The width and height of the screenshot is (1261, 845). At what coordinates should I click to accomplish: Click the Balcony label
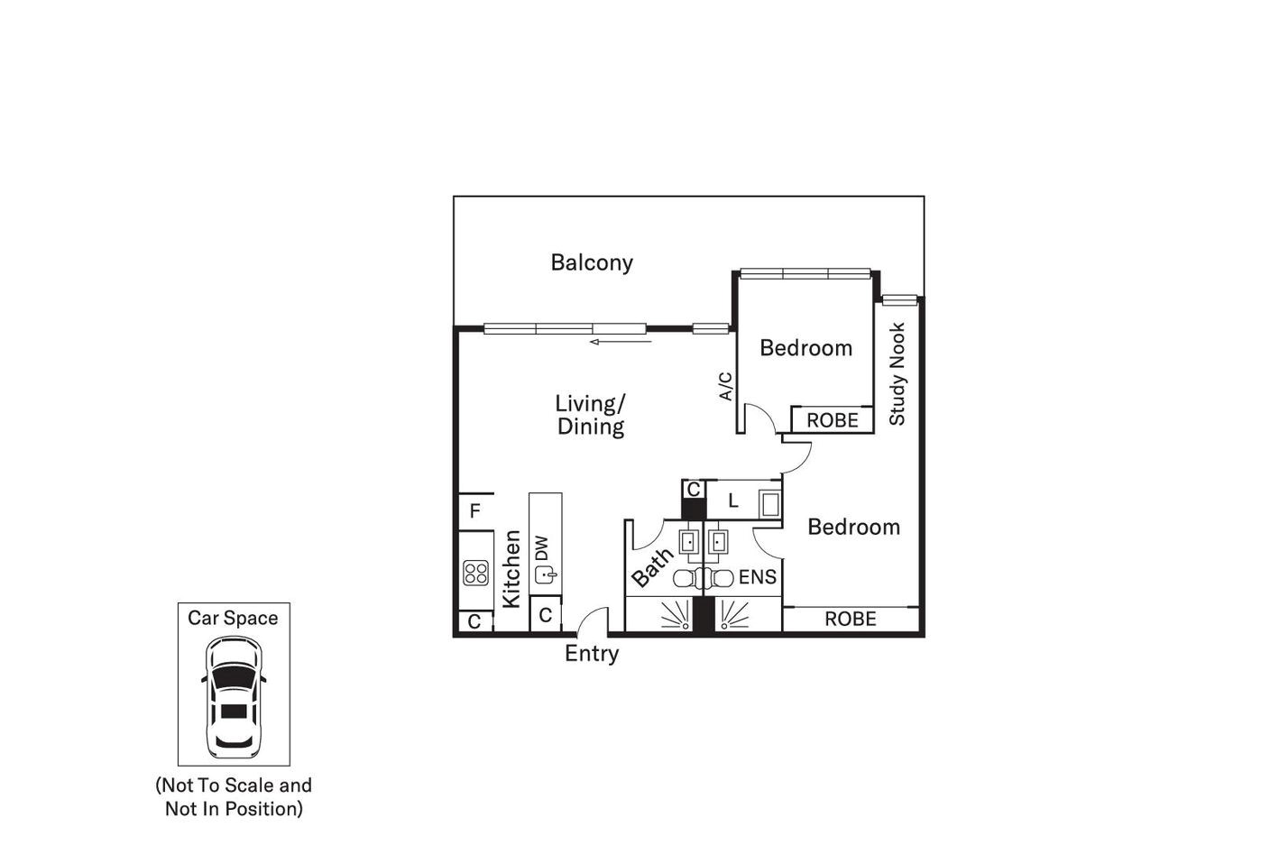[592, 262]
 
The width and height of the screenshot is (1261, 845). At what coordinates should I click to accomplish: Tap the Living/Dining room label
[591, 415]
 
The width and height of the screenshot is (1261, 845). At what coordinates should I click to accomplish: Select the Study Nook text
[897, 374]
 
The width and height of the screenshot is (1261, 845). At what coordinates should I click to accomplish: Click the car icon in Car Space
[234, 696]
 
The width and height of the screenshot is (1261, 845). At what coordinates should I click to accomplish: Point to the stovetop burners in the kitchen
[475, 572]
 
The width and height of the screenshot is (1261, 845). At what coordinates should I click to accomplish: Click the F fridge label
[475, 512]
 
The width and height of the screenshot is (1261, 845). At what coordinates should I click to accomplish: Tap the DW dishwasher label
[542, 547]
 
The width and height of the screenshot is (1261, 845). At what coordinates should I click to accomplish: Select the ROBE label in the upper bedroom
[832, 420]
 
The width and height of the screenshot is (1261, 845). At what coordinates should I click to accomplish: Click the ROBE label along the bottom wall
[850, 619]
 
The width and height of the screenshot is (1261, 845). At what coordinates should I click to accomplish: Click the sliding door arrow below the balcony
[621, 342]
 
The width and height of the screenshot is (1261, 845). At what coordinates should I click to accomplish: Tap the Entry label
[591, 654]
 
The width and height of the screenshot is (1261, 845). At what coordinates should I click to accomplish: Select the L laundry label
[733, 501]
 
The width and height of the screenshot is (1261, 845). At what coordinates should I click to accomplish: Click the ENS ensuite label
[757, 577]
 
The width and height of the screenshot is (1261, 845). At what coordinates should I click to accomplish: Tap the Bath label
[651, 567]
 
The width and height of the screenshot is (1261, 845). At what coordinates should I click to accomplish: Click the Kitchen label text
[511, 568]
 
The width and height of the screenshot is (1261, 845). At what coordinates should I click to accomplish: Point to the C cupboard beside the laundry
[693, 490]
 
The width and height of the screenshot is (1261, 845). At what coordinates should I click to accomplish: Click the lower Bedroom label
[853, 527]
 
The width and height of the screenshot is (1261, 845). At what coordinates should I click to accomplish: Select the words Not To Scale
[221, 785]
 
